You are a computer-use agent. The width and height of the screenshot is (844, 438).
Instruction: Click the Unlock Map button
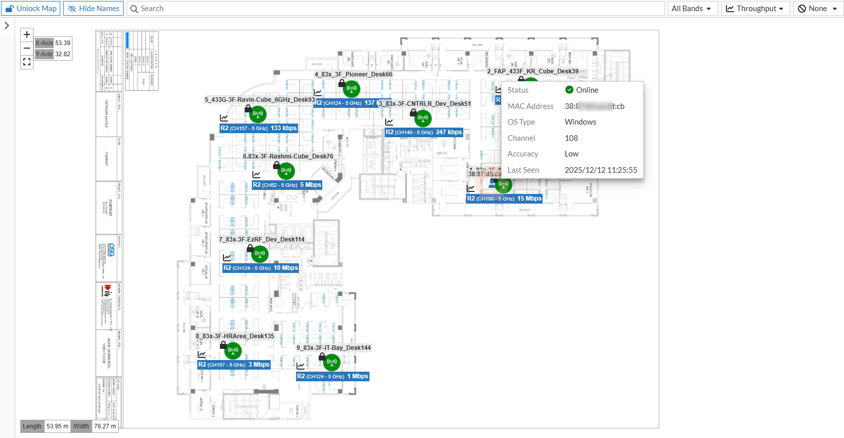(x=31, y=9)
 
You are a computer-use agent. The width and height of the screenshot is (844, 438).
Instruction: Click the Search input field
(x=395, y=9)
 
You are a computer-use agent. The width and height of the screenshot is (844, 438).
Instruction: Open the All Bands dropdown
(x=691, y=9)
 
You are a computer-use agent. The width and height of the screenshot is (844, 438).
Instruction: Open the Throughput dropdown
(x=755, y=9)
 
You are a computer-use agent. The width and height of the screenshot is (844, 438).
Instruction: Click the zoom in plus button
(x=27, y=34)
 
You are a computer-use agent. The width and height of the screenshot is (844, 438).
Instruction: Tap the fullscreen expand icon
(x=27, y=62)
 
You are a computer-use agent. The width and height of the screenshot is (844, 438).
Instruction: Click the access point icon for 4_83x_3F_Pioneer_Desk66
(x=351, y=89)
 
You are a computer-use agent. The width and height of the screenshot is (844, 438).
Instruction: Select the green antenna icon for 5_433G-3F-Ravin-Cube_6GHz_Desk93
(x=258, y=114)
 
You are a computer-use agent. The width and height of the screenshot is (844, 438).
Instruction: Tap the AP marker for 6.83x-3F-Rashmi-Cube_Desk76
(x=286, y=171)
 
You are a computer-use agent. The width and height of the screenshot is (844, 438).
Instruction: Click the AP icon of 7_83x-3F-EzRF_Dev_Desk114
(x=260, y=254)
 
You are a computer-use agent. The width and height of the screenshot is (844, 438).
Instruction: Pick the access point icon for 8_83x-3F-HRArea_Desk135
(x=233, y=350)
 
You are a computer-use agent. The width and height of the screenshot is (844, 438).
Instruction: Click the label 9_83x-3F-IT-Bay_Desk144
(x=333, y=348)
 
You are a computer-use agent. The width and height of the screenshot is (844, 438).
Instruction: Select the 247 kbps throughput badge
(x=424, y=132)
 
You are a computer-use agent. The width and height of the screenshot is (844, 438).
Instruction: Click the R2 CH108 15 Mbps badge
(x=504, y=198)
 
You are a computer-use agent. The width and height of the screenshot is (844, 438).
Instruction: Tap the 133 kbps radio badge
(x=258, y=128)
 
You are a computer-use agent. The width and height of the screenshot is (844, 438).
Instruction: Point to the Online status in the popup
(x=587, y=90)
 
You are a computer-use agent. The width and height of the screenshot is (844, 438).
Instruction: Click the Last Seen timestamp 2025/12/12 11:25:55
(x=601, y=170)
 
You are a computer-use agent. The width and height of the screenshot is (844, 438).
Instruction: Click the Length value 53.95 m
(x=57, y=426)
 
